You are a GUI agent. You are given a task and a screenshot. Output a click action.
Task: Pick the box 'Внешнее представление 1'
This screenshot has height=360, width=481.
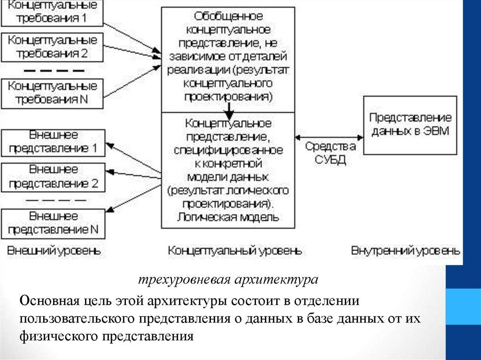(53, 143)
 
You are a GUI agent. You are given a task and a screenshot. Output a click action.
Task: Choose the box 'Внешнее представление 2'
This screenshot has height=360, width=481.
(53, 176)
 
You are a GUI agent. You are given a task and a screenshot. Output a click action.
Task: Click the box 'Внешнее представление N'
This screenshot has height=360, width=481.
(53, 223)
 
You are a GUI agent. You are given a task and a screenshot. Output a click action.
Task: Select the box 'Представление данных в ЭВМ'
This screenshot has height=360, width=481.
(411, 124)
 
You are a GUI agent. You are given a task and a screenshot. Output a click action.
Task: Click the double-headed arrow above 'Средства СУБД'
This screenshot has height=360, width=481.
(329, 137)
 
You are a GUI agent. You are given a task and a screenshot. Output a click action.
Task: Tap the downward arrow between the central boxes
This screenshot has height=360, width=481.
(229, 110)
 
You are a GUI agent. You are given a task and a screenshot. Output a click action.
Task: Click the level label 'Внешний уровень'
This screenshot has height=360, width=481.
(54, 250)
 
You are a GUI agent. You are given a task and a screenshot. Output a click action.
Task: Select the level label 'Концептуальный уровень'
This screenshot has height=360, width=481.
(235, 250)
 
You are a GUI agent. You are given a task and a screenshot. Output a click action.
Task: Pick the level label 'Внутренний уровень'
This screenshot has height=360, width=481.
(406, 250)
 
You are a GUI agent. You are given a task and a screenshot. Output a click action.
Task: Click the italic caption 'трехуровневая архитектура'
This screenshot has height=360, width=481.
(228, 280)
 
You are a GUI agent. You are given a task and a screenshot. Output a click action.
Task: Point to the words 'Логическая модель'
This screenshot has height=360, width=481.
(229, 218)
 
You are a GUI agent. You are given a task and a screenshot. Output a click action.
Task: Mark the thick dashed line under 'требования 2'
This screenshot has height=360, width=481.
(54, 70)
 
